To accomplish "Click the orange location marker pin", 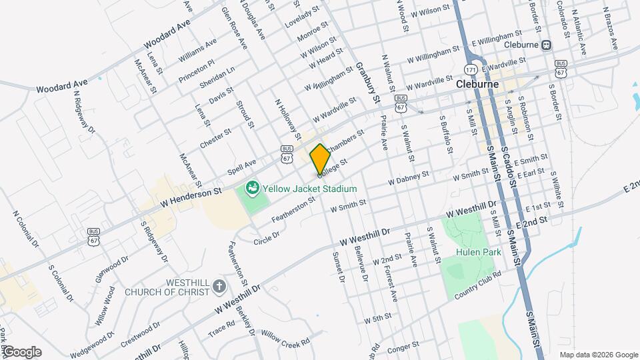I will click(x=320, y=159).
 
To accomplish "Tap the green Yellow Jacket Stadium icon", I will click(x=252, y=189).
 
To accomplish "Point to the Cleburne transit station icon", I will click(x=547, y=45).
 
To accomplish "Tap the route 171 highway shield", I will click(x=471, y=69).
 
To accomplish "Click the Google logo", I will click(x=21, y=352).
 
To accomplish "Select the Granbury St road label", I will click(x=367, y=83).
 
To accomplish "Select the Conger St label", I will click(x=402, y=346).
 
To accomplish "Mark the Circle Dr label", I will click(x=266, y=236).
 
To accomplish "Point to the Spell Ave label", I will click(x=241, y=165).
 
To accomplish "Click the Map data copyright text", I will click(x=598, y=354).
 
